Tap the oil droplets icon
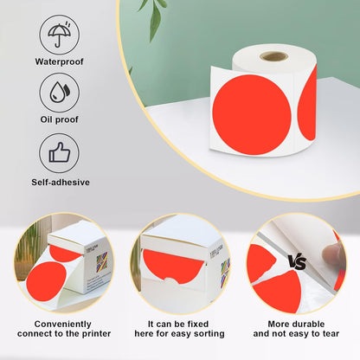(x=60, y=93)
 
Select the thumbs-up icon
(x=60, y=154)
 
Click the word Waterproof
(x=60, y=62)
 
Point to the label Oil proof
(x=60, y=119)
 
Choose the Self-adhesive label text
(x=60, y=182)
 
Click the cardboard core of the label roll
(x=274, y=56)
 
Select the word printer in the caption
(x=88, y=333)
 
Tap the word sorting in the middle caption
(x=207, y=333)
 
